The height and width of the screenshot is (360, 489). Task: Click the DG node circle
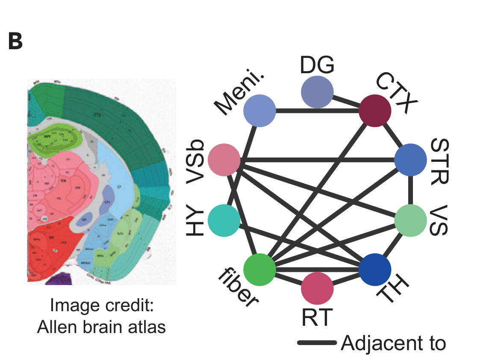point(317,92)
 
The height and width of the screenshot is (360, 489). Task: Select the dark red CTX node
point(375,110)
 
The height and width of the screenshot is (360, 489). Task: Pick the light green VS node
point(410,220)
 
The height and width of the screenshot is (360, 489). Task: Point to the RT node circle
point(317,288)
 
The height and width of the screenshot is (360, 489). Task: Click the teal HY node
point(224,220)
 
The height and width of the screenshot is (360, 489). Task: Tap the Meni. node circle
point(259,110)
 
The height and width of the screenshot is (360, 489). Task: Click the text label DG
point(317,65)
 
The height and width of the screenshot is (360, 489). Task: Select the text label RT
point(317,318)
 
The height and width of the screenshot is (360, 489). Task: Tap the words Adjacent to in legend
point(393,343)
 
